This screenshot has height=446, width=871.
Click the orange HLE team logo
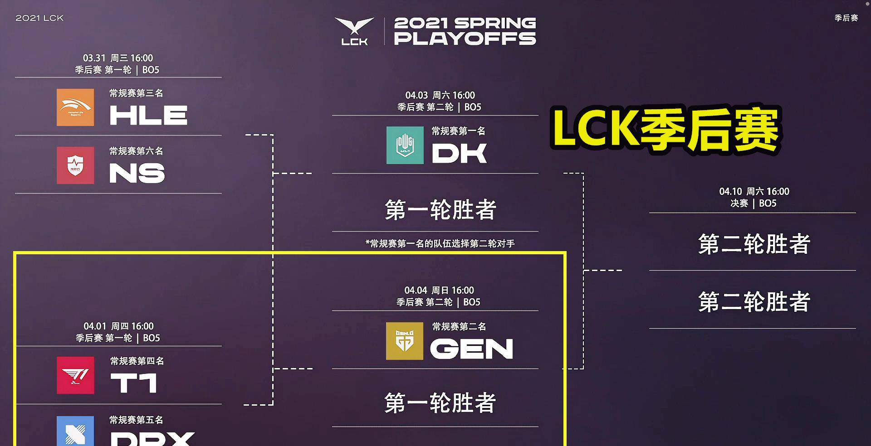[x=75, y=107]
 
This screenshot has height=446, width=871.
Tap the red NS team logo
[x=75, y=165]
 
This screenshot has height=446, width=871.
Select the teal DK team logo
[x=405, y=145]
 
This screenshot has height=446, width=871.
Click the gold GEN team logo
[x=404, y=341]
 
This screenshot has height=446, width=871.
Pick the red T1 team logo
[x=75, y=375]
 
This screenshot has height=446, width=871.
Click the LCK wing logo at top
[x=354, y=31]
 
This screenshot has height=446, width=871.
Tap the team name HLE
[x=148, y=115]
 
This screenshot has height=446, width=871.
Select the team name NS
[x=137, y=173]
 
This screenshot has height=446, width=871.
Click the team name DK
[x=459, y=153]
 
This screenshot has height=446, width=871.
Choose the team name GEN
[x=471, y=349]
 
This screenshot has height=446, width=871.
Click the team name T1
[x=134, y=383]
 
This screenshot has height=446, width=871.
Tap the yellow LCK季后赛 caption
[x=665, y=129]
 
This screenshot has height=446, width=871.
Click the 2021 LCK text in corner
[x=39, y=18]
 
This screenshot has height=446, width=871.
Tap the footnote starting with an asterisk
[x=440, y=244]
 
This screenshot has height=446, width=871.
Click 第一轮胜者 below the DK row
[x=440, y=210]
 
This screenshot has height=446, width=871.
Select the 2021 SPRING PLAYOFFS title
[x=465, y=31]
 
